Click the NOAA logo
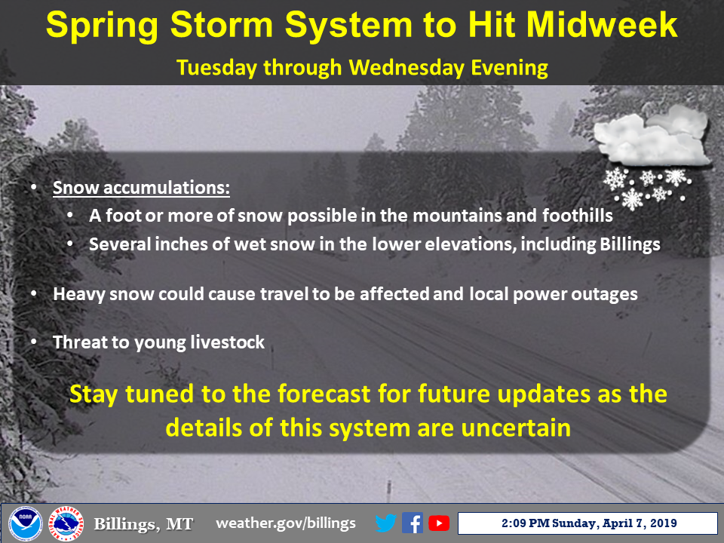26,523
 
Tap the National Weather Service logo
66,523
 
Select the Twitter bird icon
385,523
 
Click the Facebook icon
413,523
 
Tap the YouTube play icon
439,523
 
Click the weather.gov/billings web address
286,523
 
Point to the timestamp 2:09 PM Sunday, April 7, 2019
589,523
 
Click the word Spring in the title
102,26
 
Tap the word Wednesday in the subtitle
406,67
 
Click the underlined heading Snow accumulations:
141,188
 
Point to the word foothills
577,216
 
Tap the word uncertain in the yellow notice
516,428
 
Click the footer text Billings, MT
143,524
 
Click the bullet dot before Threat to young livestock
34,342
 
